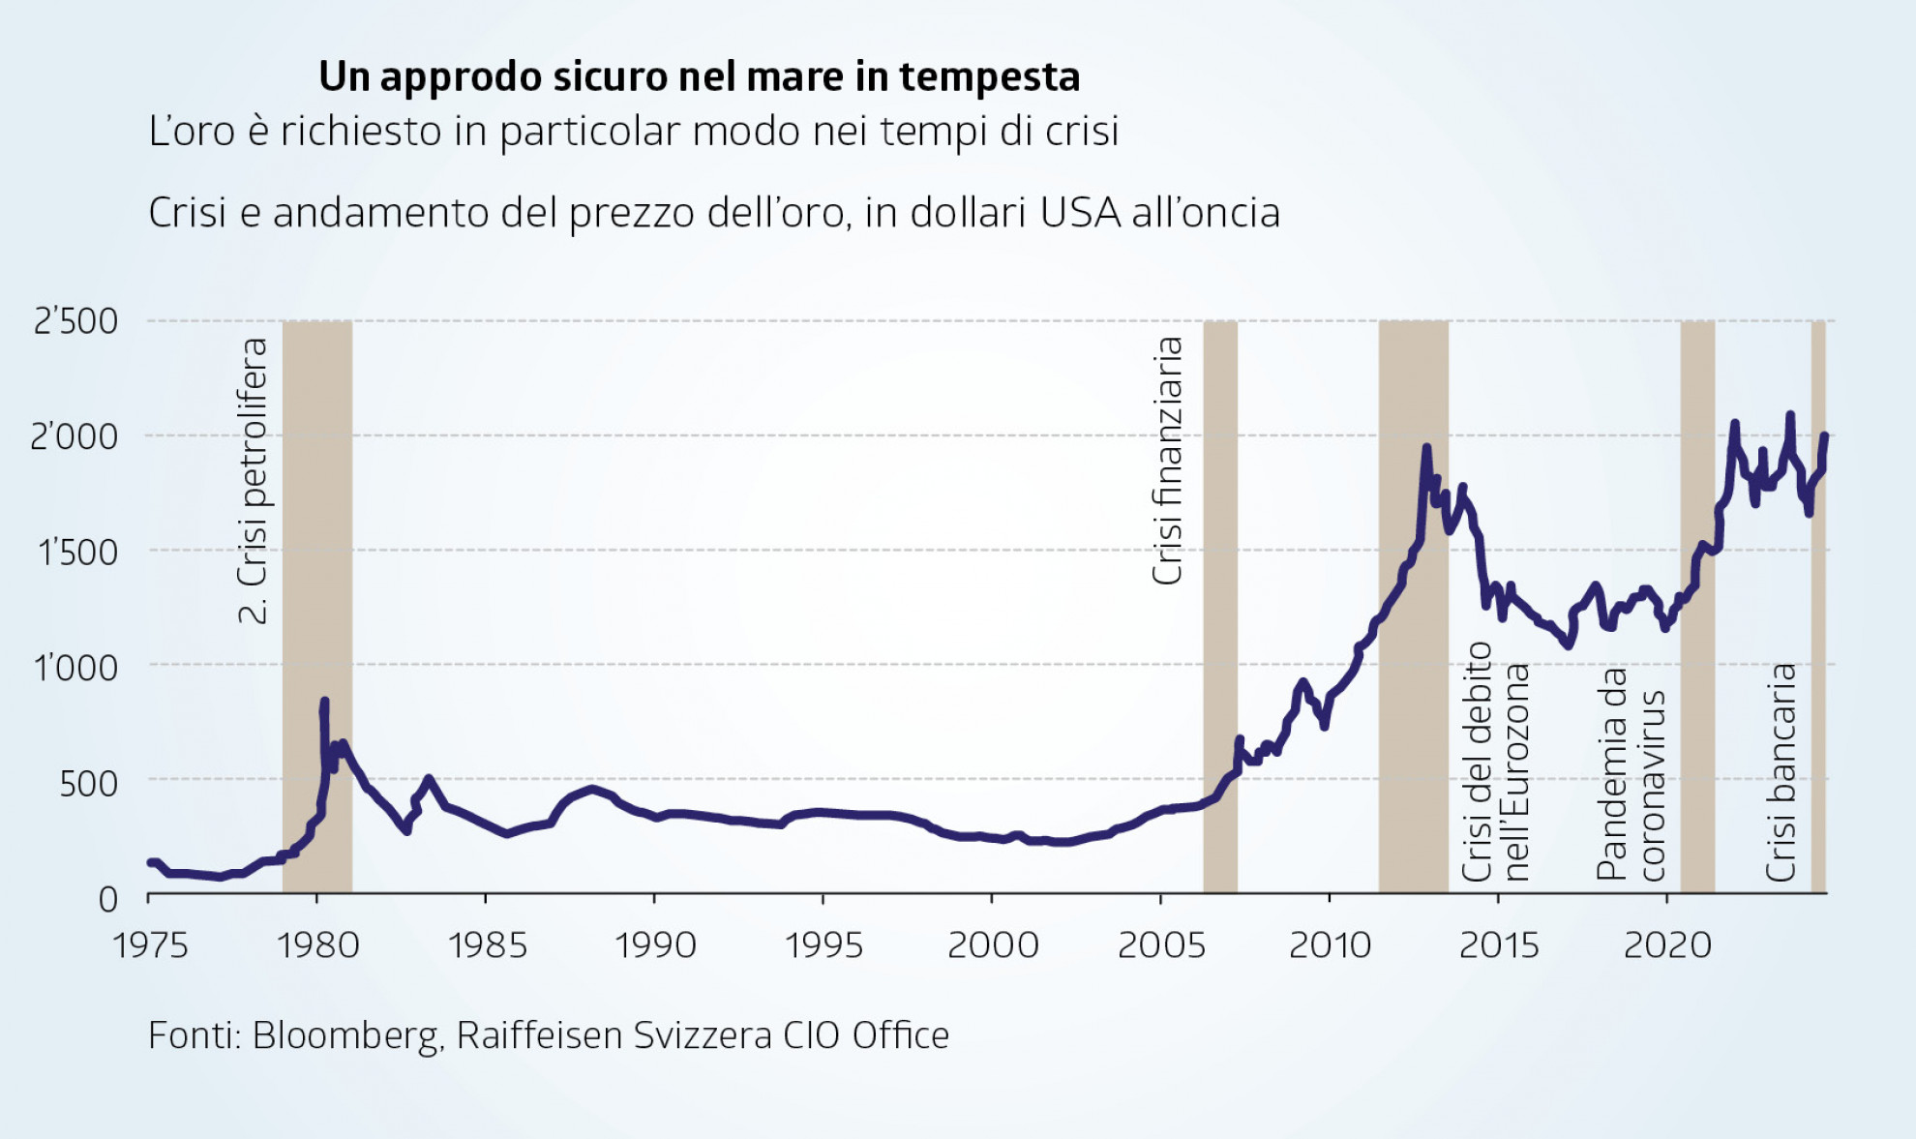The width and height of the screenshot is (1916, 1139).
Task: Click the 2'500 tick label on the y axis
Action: pyautogui.click(x=75, y=321)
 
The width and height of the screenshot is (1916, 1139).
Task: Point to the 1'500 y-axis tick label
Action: pyautogui.click(x=77, y=553)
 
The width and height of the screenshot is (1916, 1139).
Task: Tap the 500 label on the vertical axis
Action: pyautogui.click(x=88, y=783)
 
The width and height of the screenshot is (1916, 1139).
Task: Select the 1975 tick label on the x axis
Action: pyautogui.click(x=150, y=944)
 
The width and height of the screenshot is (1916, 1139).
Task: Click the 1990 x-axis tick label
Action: pyautogui.click(x=655, y=944)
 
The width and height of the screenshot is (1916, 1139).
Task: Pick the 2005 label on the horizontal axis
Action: pyautogui.click(x=1161, y=944)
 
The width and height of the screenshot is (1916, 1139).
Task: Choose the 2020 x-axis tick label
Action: pyautogui.click(x=1667, y=944)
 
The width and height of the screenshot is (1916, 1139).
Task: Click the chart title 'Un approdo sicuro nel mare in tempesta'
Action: pyautogui.click(x=699, y=76)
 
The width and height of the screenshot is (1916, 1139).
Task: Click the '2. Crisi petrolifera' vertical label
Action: pyautogui.click(x=253, y=480)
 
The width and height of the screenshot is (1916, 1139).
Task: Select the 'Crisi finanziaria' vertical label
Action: pyautogui.click(x=1168, y=461)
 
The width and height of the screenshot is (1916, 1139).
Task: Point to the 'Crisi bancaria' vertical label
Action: pyautogui.click(x=1781, y=772)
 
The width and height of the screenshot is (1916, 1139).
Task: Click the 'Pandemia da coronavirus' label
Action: pyautogui.click(x=1632, y=774)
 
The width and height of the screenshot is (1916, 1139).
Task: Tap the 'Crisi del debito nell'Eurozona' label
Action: pyautogui.click(x=1496, y=763)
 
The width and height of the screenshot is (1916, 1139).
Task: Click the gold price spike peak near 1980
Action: pyautogui.click(x=324, y=701)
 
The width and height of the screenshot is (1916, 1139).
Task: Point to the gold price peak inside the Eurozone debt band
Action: pyautogui.click(x=1426, y=448)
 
